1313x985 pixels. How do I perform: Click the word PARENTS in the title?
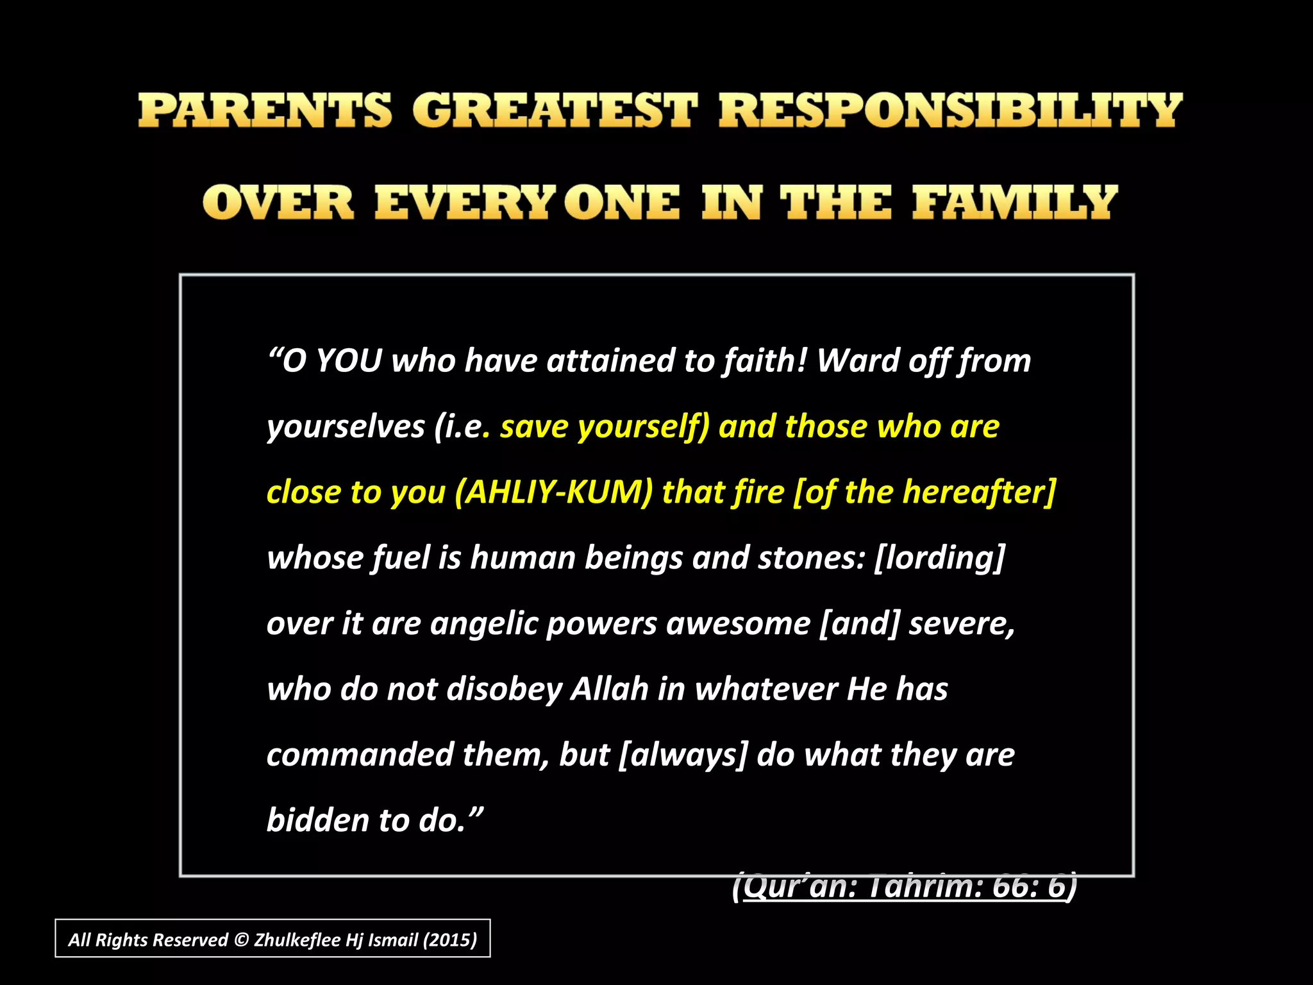point(264,110)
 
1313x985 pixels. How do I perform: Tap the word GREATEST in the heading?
point(554,110)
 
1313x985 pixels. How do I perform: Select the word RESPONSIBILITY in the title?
point(949,110)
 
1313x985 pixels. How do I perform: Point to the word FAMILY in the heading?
point(1015,203)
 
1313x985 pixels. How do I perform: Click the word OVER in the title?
point(278,203)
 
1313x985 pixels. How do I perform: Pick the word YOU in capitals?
point(349,360)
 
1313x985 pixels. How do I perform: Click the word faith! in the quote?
point(765,360)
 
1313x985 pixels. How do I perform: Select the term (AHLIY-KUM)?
point(554,492)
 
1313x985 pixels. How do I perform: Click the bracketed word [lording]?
point(939,558)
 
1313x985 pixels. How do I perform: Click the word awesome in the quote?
point(739,624)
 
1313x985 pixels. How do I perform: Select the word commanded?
point(360,755)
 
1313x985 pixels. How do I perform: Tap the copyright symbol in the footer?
point(241,940)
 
